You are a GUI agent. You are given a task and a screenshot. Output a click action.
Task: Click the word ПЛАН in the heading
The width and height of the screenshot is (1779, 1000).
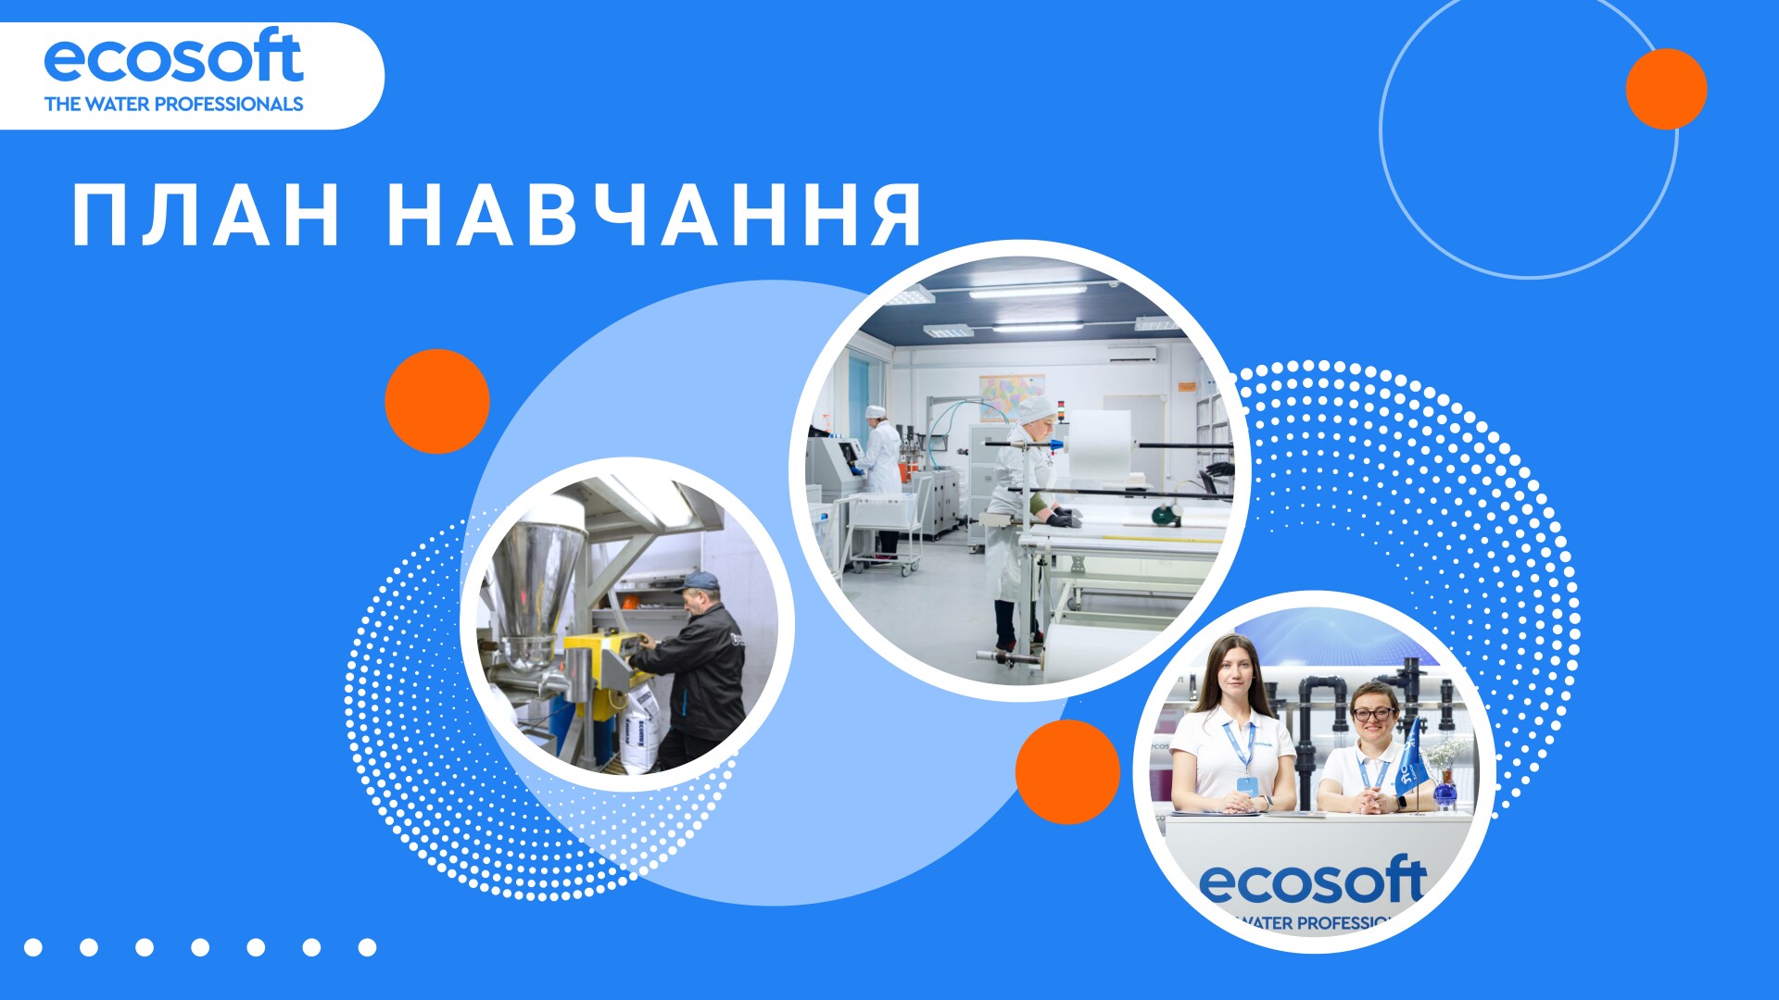pos(206,215)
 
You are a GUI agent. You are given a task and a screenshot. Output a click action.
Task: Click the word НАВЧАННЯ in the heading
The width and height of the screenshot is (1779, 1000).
pos(655,215)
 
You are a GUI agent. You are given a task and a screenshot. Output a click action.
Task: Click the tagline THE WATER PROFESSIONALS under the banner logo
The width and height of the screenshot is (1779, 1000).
pos(173,104)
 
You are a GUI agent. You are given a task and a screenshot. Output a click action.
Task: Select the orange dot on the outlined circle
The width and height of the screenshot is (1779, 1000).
pos(1666,89)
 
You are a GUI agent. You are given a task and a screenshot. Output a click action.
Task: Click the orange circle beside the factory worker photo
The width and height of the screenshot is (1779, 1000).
pos(437,401)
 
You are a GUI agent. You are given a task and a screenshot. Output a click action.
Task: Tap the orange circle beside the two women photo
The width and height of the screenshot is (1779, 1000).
pos(1067,771)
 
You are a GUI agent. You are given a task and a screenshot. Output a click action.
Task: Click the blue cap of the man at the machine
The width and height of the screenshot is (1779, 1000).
pos(700,581)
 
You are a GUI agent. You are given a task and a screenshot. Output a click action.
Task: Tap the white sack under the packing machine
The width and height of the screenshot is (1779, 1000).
pos(641,731)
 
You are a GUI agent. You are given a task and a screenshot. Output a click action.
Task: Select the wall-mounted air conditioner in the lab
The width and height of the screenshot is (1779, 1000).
pos(1131,353)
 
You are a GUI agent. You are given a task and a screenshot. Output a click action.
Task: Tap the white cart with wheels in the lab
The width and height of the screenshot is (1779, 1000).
pos(885,533)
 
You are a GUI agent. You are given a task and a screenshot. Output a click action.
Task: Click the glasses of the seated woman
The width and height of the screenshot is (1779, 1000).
pos(1373,714)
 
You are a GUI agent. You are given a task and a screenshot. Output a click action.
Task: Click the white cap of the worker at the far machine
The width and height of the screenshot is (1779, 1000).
pos(875,411)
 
